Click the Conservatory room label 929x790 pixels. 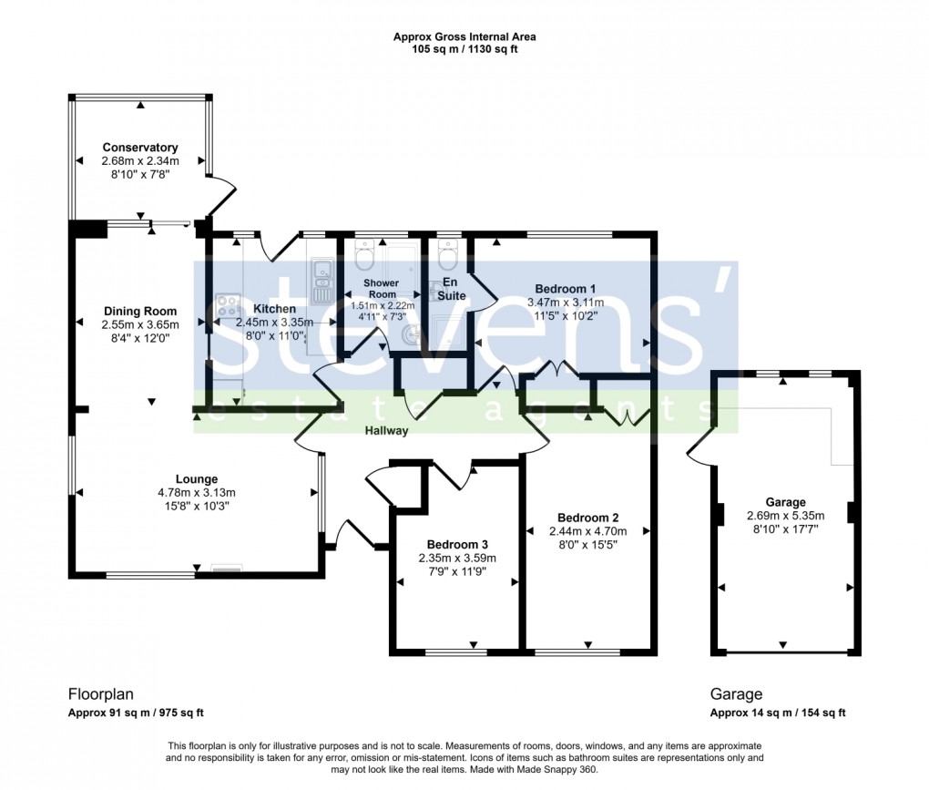[x=139, y=148]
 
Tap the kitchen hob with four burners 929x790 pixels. [x=227, y=304]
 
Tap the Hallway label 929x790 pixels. [x=387, y=431]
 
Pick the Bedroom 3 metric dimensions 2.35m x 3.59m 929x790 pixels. [x=457, y=559]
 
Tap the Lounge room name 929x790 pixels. [x=197, y=479]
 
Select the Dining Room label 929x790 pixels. [x=140, y=312]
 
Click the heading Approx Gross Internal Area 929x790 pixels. [x=464, y=37]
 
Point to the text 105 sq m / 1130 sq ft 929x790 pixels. [x=464, y=49]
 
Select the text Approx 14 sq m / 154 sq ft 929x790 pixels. [x=783, y=713]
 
